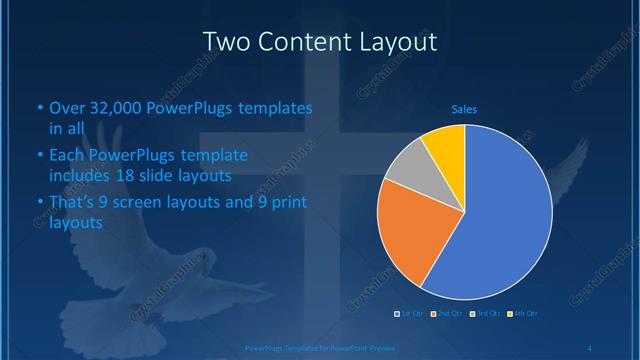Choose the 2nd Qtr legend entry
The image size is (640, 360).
446,314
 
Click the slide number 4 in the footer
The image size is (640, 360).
591,347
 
